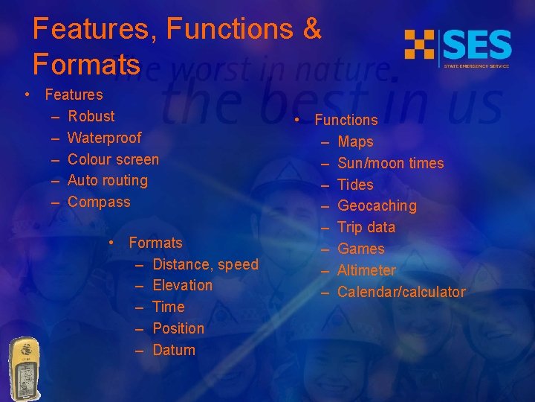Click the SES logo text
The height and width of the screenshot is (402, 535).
click(478, 45)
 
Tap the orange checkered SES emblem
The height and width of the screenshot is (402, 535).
click(419, 45)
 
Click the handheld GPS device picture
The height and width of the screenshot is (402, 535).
click(25, 368)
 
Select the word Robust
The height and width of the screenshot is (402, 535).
click(91, 116)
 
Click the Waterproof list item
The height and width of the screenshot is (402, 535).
click(104, 138)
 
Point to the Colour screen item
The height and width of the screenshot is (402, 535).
click(113, 159)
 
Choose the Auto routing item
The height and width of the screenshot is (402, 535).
click(108, 180)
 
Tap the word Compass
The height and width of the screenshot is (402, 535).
click(99, 202)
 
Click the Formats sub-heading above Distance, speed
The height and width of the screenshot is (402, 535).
click(155, 243)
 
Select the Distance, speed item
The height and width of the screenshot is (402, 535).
click(205, 264)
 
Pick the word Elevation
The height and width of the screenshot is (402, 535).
click(182, 285)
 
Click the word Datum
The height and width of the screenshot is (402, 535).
click(174, 350)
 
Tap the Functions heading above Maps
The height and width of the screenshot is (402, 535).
click(346, 120)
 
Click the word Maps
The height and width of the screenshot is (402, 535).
click(355, 141)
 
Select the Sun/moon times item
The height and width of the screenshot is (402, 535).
click(391, 163)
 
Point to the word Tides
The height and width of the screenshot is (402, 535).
click(355, 185)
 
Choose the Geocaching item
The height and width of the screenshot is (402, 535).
click(377, 205)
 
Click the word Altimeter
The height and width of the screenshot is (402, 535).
click(366, 270)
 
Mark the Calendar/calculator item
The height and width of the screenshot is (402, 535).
click(401, 292)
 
